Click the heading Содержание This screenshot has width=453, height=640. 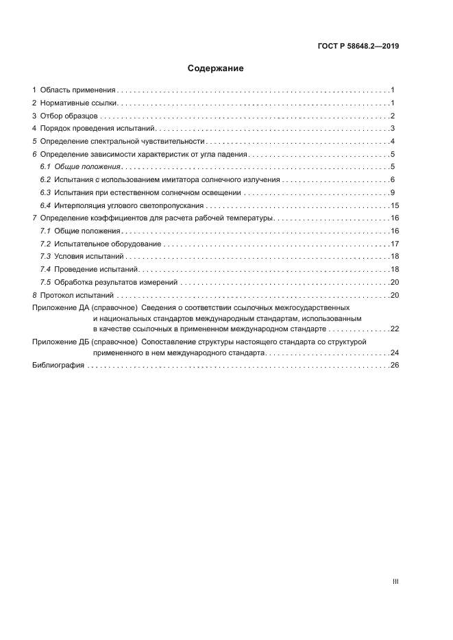pos(216,68)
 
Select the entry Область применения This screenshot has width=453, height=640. pos(78,90)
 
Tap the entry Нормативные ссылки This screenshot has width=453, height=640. pos(79,103)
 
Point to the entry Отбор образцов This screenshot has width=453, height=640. pos(70,116)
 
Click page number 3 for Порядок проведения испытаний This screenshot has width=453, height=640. pos(392,128)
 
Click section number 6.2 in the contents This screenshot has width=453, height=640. pos(45,179)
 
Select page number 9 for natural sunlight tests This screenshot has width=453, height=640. pos(392,192)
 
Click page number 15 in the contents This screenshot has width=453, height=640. pos(394,205)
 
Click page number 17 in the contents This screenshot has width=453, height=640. pos(394,244)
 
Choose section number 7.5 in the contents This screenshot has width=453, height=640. pos(45,282)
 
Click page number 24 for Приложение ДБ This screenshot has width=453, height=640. pos(394,353)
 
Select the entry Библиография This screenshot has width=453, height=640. pos(58,366)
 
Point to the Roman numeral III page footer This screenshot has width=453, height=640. pos(395,581)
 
